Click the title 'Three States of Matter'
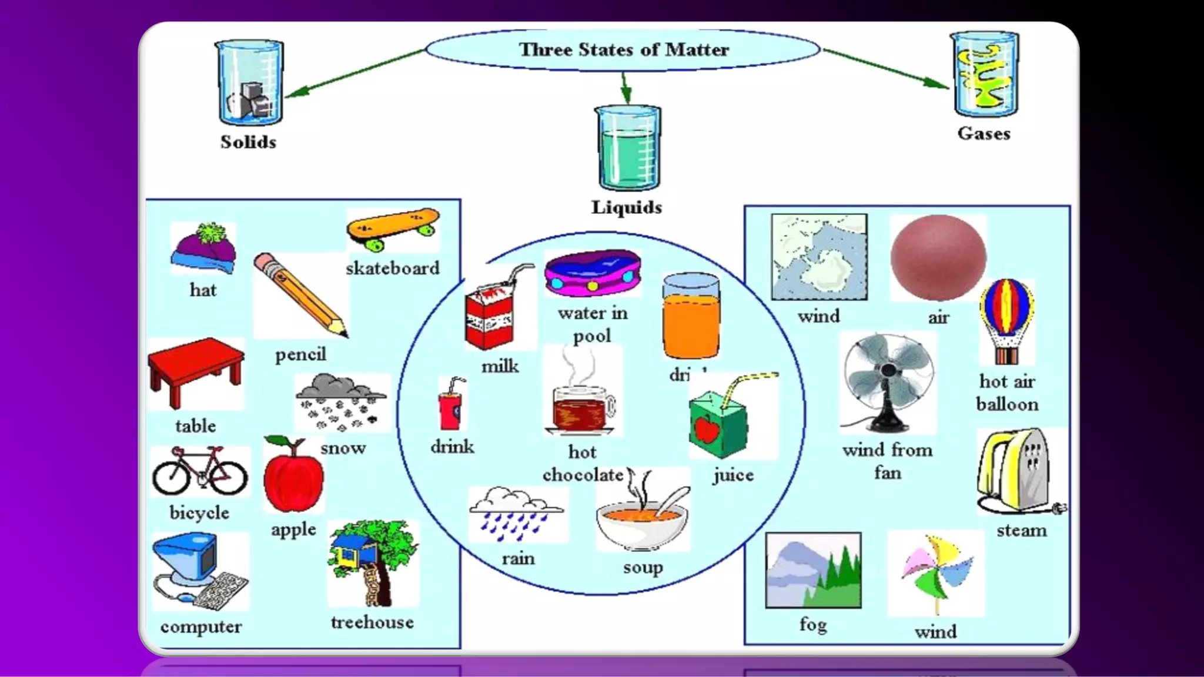point(623,49)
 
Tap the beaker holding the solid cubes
point(250,82)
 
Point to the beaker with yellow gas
point(985,75)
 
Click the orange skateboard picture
point(393,227)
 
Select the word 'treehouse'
point(372,622)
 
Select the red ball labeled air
point(938,257)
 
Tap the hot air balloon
point(1006,320)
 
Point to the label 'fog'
point(813,624)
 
